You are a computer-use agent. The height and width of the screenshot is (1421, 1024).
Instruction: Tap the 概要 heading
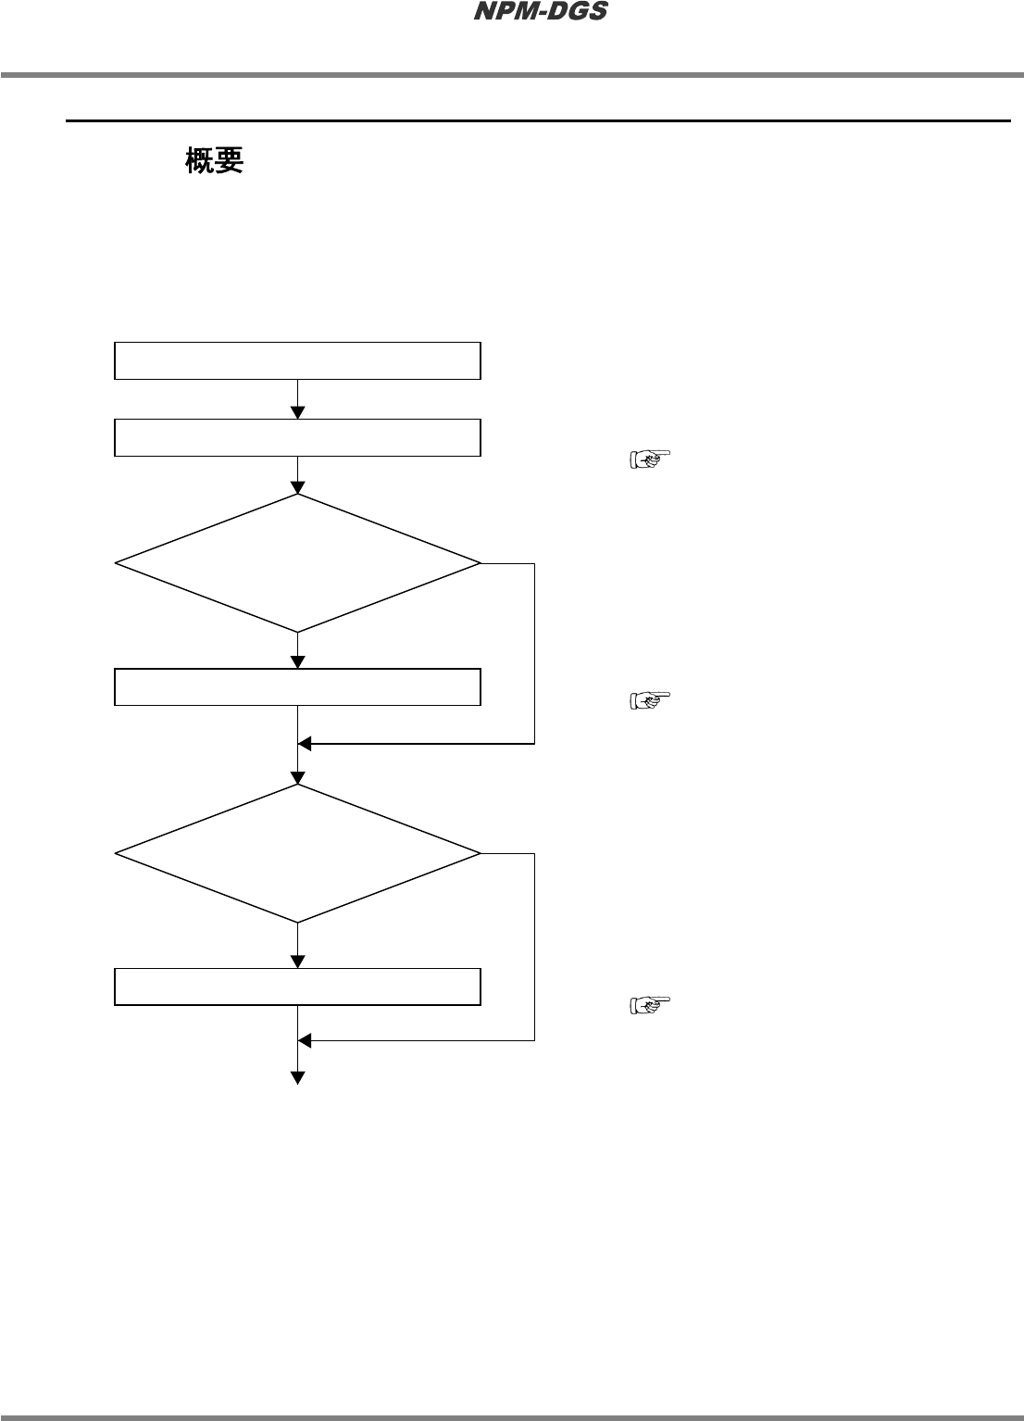[x=214, y=161]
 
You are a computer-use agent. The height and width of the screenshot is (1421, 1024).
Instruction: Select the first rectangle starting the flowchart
[x=297, y=360]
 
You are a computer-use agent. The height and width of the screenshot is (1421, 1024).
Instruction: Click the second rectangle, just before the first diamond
[x=297, y=437]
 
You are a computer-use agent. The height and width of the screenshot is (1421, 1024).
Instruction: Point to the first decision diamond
[x=297, y=563]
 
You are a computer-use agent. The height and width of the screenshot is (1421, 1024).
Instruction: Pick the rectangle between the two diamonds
[x=297, y=686]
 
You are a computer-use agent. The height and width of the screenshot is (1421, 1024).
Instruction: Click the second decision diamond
[x=297, y=853]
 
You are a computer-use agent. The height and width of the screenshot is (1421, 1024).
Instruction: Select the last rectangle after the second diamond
[x=297, y=987]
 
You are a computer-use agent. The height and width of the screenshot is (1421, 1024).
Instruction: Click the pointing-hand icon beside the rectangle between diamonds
[x=650, y=700]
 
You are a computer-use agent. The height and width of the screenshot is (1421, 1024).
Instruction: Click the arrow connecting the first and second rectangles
[x=298, y=399]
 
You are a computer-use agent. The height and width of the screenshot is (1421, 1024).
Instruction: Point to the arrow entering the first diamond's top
[x=298, y=476]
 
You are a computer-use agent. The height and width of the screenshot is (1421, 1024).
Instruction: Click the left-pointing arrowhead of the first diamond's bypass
[x=305, y=743]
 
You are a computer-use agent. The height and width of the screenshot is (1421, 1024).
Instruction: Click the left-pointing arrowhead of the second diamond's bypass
[x=305, y=1040]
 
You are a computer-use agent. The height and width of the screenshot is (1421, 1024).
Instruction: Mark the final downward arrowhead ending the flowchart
[x=298, y=1076]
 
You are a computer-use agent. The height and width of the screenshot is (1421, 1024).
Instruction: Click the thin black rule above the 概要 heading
[x=537, y=120]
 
